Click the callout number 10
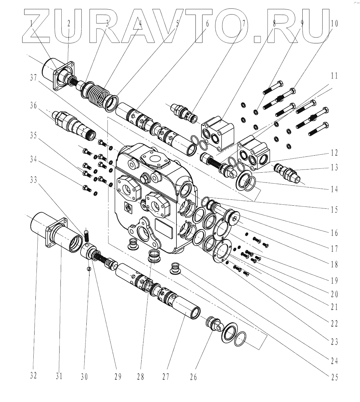click(x=334, y=23)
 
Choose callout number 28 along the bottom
click(x=140, y=377)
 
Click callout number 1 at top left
click(x=32, y=23)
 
